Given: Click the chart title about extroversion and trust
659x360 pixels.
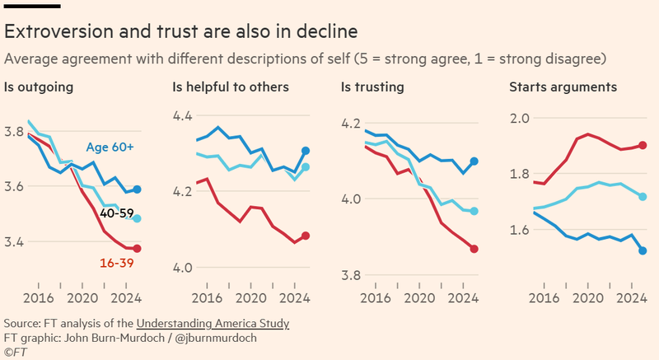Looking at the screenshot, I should click(x=181, y=32).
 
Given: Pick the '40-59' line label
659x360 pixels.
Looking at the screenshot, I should click(x=116, y=213).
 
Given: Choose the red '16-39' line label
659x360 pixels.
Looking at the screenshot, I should click(x=116, y=263).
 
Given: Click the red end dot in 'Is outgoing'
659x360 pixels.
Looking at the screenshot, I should click(x=138, y=249).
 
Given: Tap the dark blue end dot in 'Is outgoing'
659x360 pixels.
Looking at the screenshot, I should click(x=138, y=189).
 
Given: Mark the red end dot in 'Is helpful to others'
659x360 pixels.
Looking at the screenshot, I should click(x=306, y=236).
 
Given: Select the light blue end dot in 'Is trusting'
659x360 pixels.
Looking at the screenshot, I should click(x=474, y=211).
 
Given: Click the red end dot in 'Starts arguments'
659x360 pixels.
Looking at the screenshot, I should click(x=642, y=145).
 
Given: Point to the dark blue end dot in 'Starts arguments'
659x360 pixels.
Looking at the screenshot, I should click(x=642, y=250).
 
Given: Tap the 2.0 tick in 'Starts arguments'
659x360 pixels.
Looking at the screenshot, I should click(x=520, y=118).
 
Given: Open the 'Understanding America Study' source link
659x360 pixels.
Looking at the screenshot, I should click(x=213, y=323).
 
